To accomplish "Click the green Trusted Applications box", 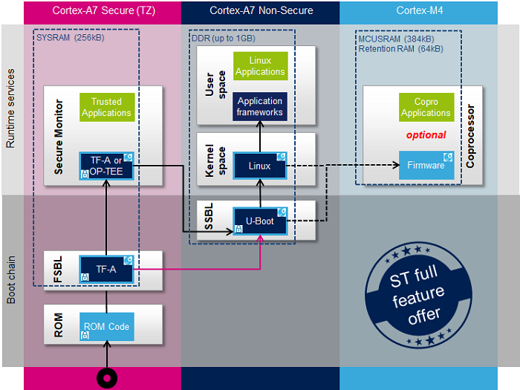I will [106, 108].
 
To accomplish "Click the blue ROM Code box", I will [106, 326].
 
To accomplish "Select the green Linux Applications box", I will [260, 66].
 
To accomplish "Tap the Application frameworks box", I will [260, 107].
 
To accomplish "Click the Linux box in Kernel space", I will [260, 166].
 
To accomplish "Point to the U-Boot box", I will [260, 221].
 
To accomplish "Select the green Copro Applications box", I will [426, 108].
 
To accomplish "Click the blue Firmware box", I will [426, 165].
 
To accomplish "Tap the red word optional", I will [426, 135].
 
